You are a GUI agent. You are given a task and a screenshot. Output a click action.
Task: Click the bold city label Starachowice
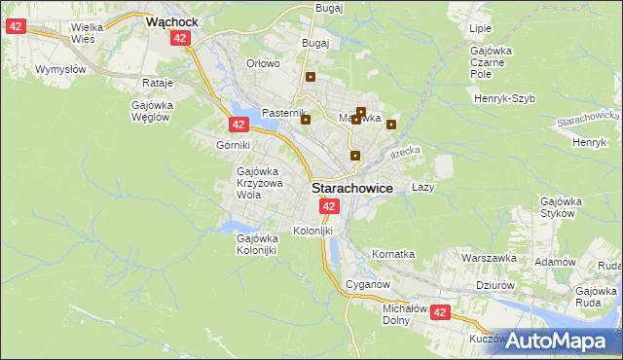[x=351, y=189]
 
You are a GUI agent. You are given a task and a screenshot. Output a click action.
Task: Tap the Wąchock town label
[x=172, y=19]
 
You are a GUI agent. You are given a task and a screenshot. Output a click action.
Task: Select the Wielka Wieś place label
[x=89, y=35]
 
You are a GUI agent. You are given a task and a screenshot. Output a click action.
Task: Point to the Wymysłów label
[x=60, y=69]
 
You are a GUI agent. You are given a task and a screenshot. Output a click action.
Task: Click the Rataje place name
[x=157, y=83]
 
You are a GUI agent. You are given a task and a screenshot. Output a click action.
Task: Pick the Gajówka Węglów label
[x=151, y=111]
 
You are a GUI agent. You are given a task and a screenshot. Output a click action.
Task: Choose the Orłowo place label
[x=263, y=63]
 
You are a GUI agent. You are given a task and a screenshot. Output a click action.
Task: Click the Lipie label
[x=480, y=29]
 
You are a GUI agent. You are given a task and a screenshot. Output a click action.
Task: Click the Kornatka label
[x=393, y=254]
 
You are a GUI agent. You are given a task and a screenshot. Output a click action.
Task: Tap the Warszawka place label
[x=489, y=259]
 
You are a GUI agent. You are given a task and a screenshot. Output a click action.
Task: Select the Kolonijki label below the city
[x=312, y=231]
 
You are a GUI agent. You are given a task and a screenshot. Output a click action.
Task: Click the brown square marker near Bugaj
[x=311, y=77]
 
